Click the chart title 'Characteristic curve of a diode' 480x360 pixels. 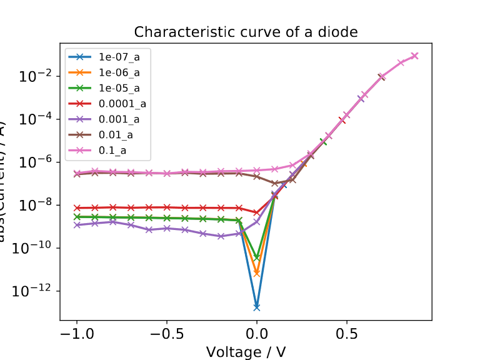coord(246,32)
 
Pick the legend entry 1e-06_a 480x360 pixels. coord(119,72)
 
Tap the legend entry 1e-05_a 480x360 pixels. coord(119,87)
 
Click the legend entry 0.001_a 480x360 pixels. coord(119,119)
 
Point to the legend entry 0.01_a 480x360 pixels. coord(116,134)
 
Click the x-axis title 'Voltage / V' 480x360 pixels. coord(246,352)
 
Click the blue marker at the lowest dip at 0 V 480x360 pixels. coord(257,307)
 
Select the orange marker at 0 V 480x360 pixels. coord(257,273)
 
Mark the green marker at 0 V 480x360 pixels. coord(257,257)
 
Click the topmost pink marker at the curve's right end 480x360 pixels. coord(414,56)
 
